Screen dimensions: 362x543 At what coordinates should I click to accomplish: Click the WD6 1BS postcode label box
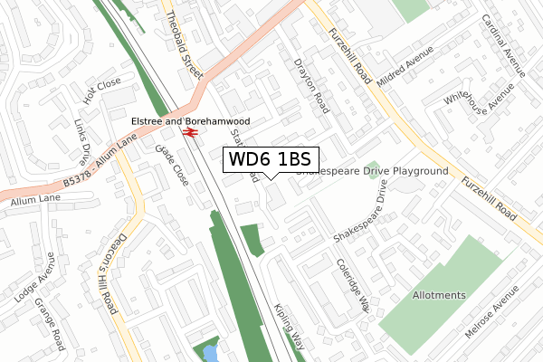[x=270, y=159]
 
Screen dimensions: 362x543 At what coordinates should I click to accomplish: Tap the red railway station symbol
[x=191, y=133]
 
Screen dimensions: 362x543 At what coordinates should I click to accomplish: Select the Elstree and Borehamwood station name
[x=191, y=119]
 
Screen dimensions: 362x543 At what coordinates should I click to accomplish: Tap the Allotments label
[x=439, y=295]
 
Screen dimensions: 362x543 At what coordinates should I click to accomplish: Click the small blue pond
[x=209, y=352]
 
